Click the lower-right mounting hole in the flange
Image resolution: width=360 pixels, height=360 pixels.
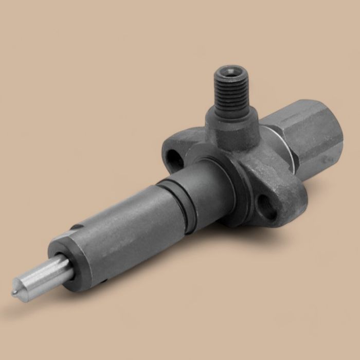(x=267, y=205)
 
